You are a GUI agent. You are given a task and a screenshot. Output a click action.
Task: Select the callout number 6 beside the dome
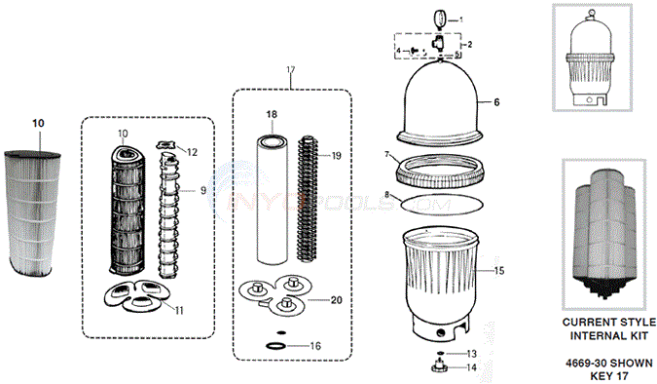tap(497, 101)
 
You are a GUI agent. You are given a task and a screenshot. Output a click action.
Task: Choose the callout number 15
tap(500, 270)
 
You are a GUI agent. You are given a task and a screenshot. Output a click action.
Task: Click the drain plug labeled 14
tap(438, 368)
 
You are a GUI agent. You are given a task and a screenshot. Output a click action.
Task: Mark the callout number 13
tap(471, 352)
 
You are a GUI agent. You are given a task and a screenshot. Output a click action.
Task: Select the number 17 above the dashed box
tap(289, 69)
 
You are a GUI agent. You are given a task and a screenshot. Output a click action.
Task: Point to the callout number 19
tap(336, 155)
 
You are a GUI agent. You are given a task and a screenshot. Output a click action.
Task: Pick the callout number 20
tap(337, 301)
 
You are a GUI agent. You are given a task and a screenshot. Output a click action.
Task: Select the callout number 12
tap(193, 151)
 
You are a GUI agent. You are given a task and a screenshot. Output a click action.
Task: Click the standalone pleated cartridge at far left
tap(38, 210)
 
